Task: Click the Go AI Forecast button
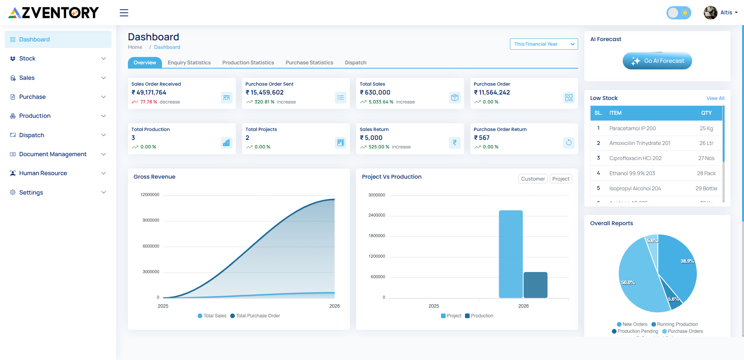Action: click(657, 61)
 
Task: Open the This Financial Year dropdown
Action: click(544, 44)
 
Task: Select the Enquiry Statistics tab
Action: click(189, 62)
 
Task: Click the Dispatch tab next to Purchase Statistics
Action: click(355, 62)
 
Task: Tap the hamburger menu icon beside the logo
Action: click(124, 13)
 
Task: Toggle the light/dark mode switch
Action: click(679, 13)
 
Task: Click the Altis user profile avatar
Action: click(710, 13)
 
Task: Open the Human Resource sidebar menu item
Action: click(43, 173)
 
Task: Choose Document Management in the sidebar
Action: click(53, 154)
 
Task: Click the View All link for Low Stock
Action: click(715, 98)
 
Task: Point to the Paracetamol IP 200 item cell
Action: click(632, 128)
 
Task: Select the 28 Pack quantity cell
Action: click(706, 173)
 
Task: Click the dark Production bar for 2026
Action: click(535, 285)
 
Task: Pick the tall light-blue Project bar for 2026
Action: click(510, 254)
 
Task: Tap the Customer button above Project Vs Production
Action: click(533, 179)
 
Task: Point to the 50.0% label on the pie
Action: click(628, 282)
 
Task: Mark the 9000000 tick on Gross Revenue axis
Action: click(151, 220)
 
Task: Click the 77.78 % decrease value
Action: click(149, 102)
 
